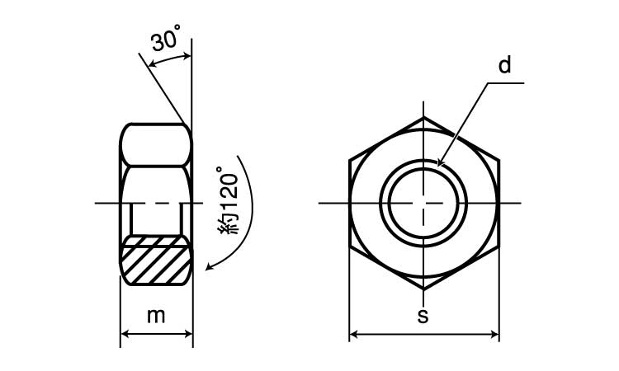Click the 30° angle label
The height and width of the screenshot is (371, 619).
click(165, 38)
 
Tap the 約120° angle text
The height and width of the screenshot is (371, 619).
click(229, 201)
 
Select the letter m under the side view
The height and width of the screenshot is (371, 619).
click(156, 317)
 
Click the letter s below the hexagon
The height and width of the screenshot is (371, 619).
click(423, 317)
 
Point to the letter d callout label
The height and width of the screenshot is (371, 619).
click(504, 64)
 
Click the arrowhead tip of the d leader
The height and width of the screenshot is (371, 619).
click(437, 166)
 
